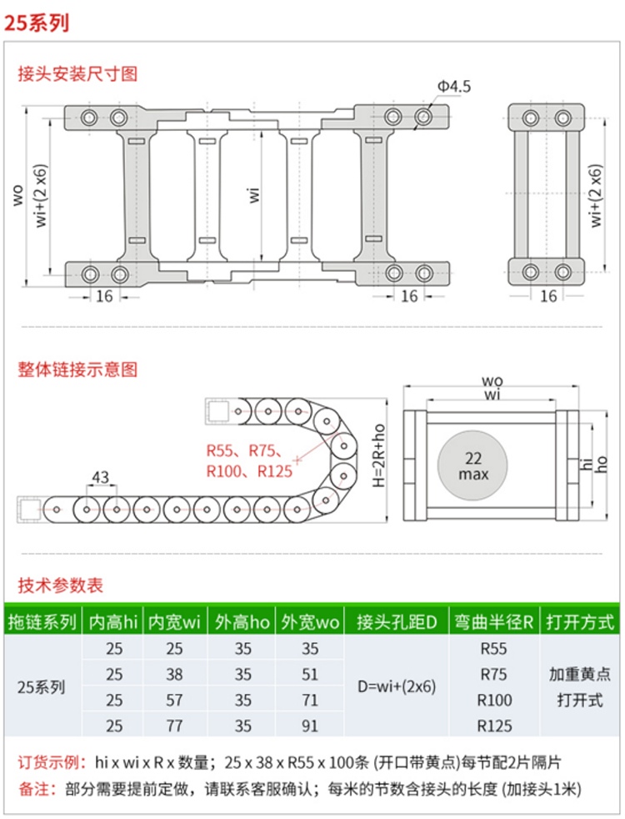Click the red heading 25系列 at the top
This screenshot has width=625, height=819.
pos(37,23)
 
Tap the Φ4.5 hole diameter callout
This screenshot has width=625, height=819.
pos(453,86)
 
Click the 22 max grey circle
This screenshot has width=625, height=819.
pos(472,465)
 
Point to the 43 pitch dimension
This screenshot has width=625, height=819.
pos(100,477)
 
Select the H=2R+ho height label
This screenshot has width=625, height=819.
pos(379,455)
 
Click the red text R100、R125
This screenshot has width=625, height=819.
pos(249,471)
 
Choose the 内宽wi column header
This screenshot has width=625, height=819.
pos(174,622)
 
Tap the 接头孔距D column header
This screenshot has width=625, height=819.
pos(397,622)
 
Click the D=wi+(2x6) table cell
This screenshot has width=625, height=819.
pos(397,686)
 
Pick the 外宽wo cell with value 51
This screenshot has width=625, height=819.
pos(310,675)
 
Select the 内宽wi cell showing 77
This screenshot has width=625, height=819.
pos(174,726)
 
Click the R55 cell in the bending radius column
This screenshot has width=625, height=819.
pos(493,649)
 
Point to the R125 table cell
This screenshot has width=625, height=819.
pos(494,726)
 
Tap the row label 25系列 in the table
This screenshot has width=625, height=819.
pos(41,687)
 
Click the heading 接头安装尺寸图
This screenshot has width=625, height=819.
pos(77,73)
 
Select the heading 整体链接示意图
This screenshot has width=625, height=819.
pos(77,369)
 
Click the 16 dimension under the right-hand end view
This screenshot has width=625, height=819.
pos(548,296)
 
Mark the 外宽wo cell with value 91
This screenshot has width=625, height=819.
pos(310,726)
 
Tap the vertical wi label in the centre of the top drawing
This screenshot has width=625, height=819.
pos(253,195)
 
